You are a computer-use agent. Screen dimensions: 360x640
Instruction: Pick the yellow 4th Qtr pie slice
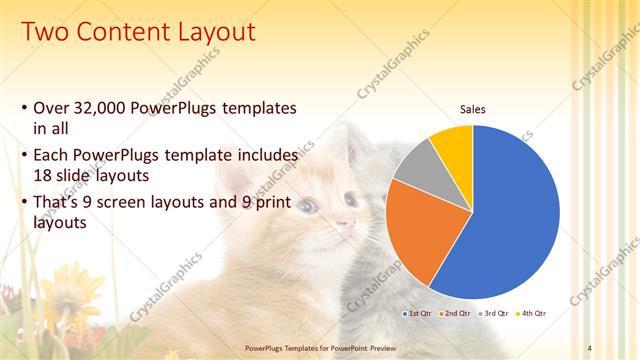[453, 145]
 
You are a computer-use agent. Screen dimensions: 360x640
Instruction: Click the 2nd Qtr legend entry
[458, 314]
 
